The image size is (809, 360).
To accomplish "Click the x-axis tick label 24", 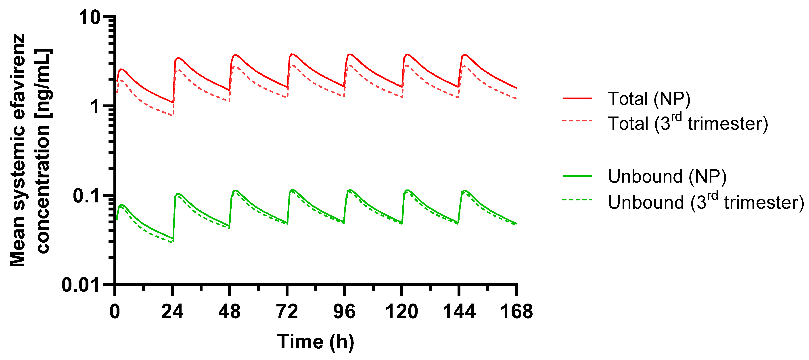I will point(172,312).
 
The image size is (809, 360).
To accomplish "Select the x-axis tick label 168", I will point(516,312).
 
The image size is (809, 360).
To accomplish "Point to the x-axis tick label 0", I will point(115,312).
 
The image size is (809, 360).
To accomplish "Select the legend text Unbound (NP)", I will point(667,176).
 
